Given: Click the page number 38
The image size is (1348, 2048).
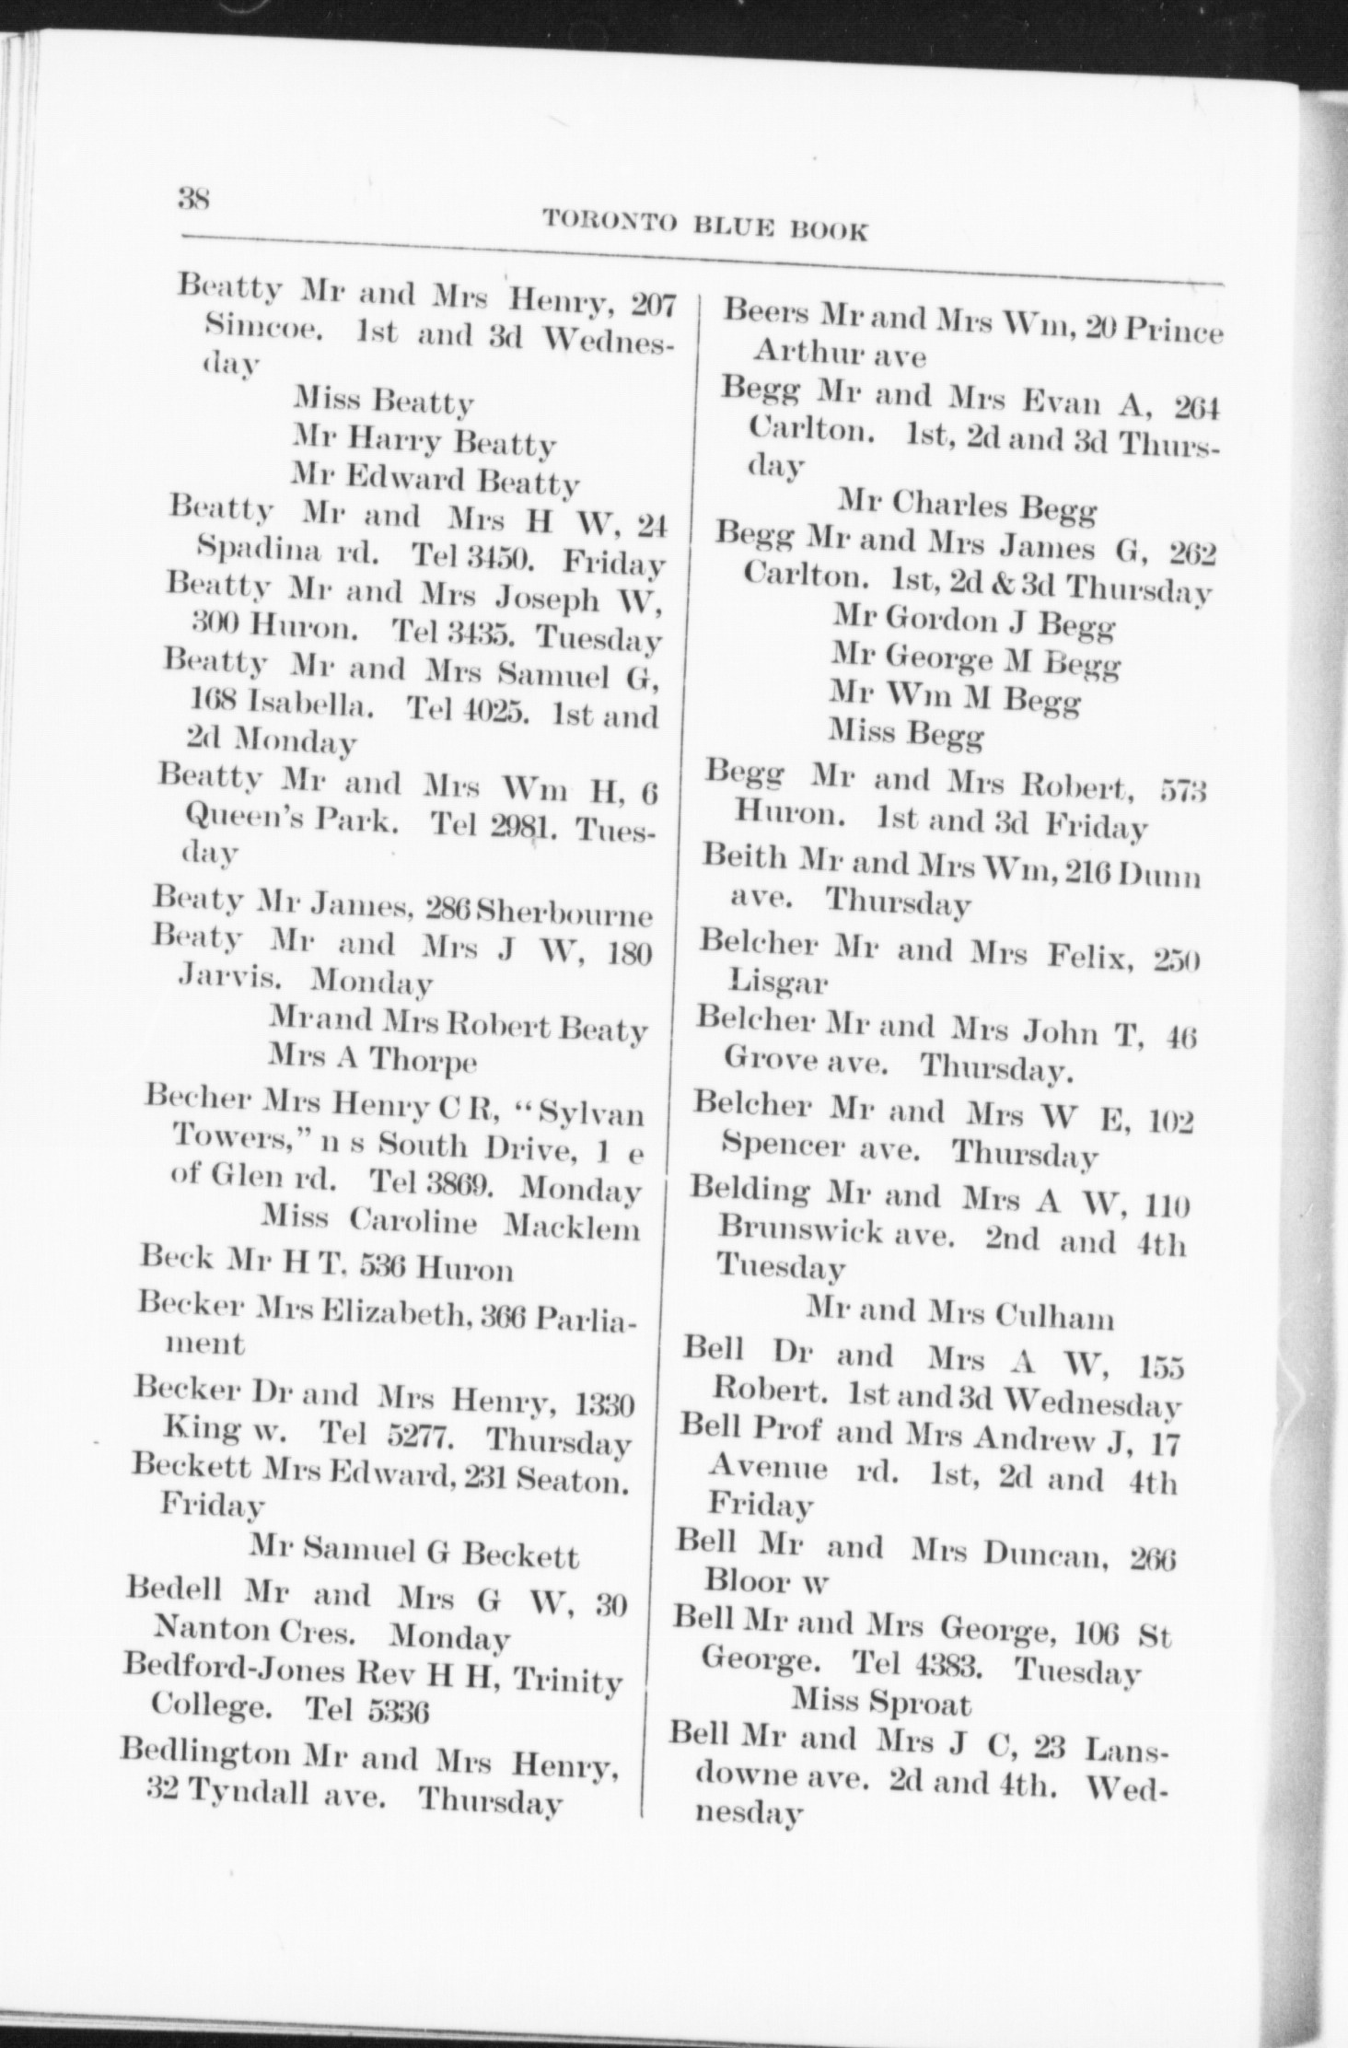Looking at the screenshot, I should coord(194,197).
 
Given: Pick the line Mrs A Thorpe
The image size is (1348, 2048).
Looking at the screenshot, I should coord(372,1059).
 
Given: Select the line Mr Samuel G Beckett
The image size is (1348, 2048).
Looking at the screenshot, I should coord(414,1554).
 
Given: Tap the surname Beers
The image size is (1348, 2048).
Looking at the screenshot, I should coord(767,312).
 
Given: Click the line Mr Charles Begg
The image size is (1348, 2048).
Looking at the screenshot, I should coord(966,506).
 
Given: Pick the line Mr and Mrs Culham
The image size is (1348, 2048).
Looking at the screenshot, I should coord(959,1316).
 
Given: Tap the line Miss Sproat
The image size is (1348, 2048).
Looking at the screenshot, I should coord(880,1703).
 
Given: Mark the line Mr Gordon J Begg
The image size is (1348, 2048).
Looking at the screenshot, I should coord(973,624).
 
